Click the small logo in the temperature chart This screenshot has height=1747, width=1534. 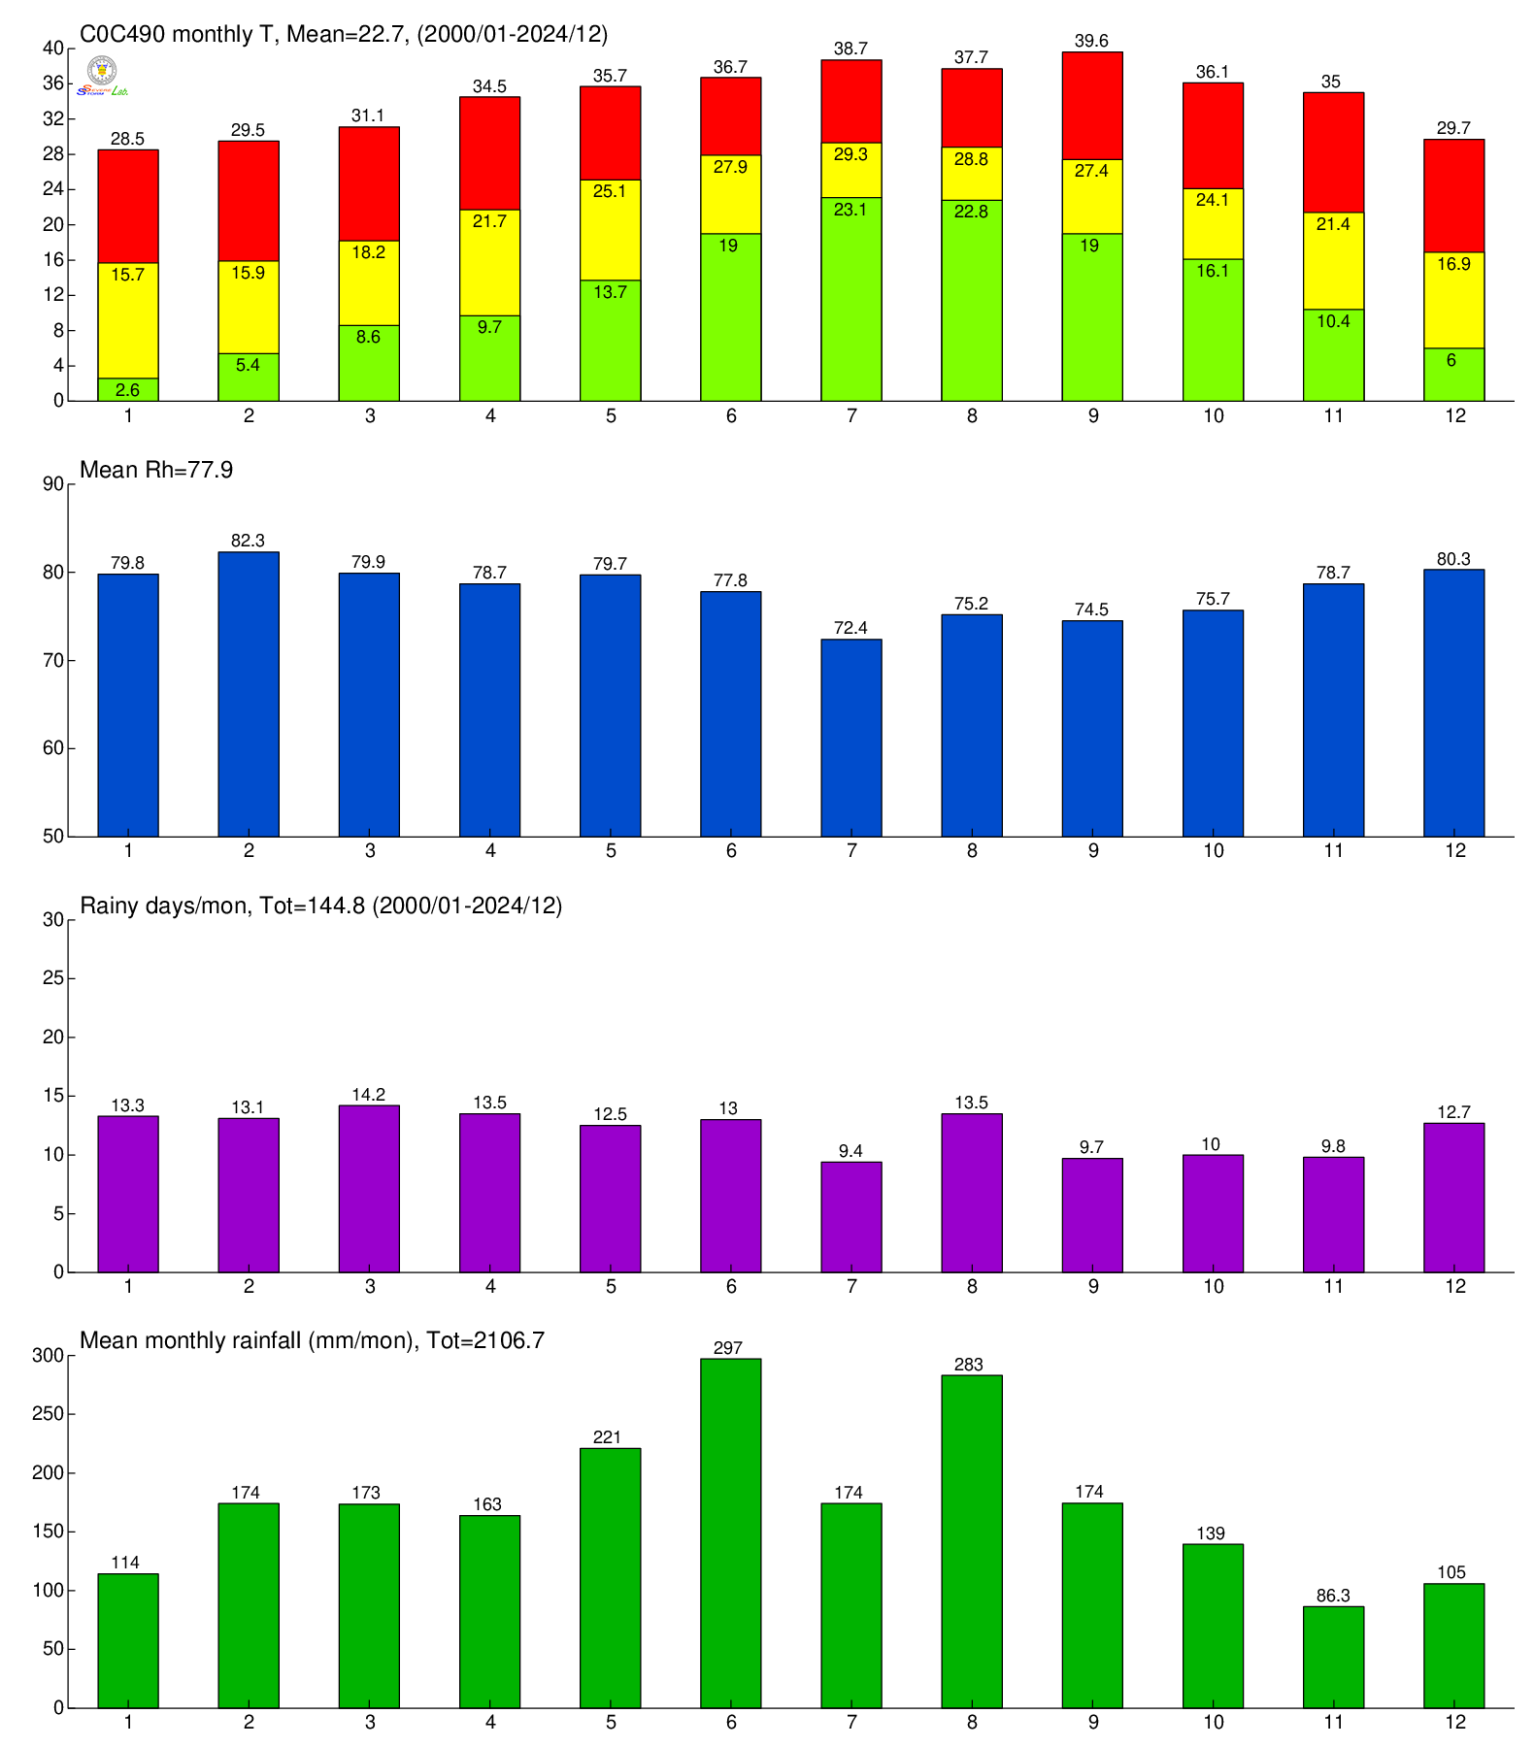point(103,76)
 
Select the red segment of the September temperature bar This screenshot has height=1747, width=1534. point(1092,106)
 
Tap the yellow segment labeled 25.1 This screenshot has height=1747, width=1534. point(610,230)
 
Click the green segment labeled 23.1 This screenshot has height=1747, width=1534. point(851,299)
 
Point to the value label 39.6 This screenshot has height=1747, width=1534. point(1092,41)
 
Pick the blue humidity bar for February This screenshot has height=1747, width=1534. point(249,694)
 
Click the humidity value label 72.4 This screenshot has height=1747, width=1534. point(851,628)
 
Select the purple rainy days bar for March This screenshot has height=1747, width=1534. point(369,1189)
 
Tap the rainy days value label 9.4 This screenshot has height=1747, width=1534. point(851,1151)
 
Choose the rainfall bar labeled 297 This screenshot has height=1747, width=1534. point(731,1533)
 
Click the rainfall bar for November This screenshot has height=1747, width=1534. point(1333,1657)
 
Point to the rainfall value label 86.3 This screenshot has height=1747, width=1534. point(1333,1596)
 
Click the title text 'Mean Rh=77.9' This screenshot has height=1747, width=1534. point(156,471)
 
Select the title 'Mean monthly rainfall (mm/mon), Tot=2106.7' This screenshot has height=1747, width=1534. point(312,1340)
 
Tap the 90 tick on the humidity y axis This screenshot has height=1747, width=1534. point(52,484)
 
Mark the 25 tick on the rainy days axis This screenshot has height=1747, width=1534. point(52,978)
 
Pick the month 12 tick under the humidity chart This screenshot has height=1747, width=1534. point(1454,851)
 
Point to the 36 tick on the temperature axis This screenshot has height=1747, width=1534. point(52,83)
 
